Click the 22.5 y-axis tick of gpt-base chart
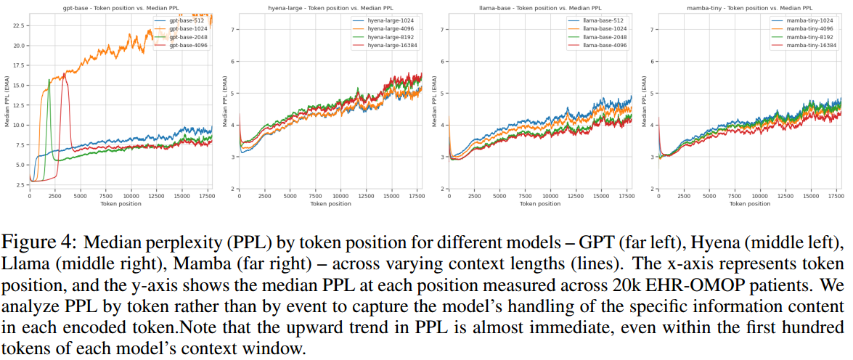tap(19, 25)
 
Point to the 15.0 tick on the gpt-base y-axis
tap(19, 85)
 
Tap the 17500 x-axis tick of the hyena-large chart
tap(415, 196)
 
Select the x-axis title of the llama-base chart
tap(541, 204)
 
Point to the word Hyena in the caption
tap(801, 240)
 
